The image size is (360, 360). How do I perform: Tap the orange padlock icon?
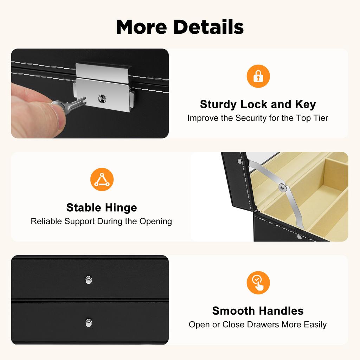258,76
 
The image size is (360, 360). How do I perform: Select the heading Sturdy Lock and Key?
258,104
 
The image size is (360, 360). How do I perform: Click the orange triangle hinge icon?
102,179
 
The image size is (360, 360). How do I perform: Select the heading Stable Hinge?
102,207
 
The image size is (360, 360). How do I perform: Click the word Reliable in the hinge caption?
45,221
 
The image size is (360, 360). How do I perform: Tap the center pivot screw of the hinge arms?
282,188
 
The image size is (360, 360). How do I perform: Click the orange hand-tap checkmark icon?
258,283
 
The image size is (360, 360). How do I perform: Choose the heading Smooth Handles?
258,311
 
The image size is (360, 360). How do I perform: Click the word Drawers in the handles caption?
261,324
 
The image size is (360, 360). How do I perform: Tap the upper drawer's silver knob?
89,280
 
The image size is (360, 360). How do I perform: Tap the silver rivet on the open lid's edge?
239,161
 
